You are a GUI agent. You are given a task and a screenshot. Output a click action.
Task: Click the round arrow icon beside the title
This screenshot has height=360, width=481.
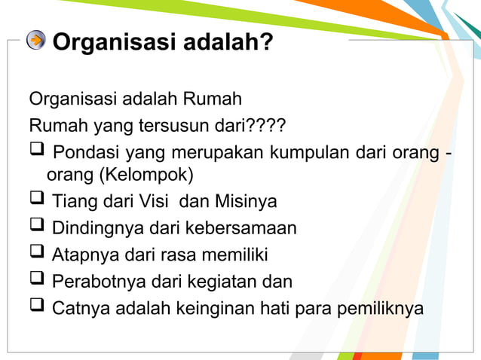coord(36,40)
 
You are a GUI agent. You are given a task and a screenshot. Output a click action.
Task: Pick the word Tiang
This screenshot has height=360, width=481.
coord(73,202)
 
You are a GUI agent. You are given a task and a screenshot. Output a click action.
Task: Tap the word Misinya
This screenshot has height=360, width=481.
coord(246,202)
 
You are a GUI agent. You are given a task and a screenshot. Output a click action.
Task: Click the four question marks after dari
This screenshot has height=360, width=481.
coord(269,124)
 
